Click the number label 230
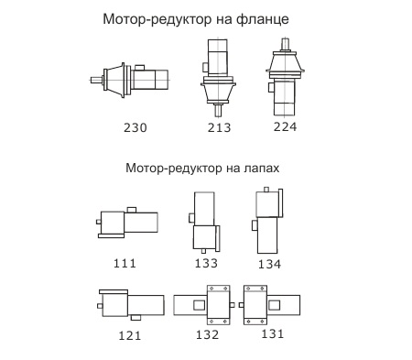(x=136, y=127)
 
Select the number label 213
(x=219, y=127)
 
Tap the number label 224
(x=285, y=126)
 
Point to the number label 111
(x=125, y=263)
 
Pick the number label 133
(x=206, y=263)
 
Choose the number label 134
(x=269, y=264)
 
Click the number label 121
(x=130, y=335)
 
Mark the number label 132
(x=207, y=334)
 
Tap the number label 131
(x=273, y=333)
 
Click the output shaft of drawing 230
(x=97, y=80)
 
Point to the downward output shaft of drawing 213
(x=218, y=110)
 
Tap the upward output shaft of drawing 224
(x=286, y=45)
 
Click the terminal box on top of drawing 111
(x=132, y=210)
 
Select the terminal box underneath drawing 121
(x=136, y=318)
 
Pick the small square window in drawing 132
(x=200, y=305)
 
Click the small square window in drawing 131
(x=274, y=305)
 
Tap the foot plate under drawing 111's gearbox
(x=111, y=236)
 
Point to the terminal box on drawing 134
(x=255, y=225)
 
